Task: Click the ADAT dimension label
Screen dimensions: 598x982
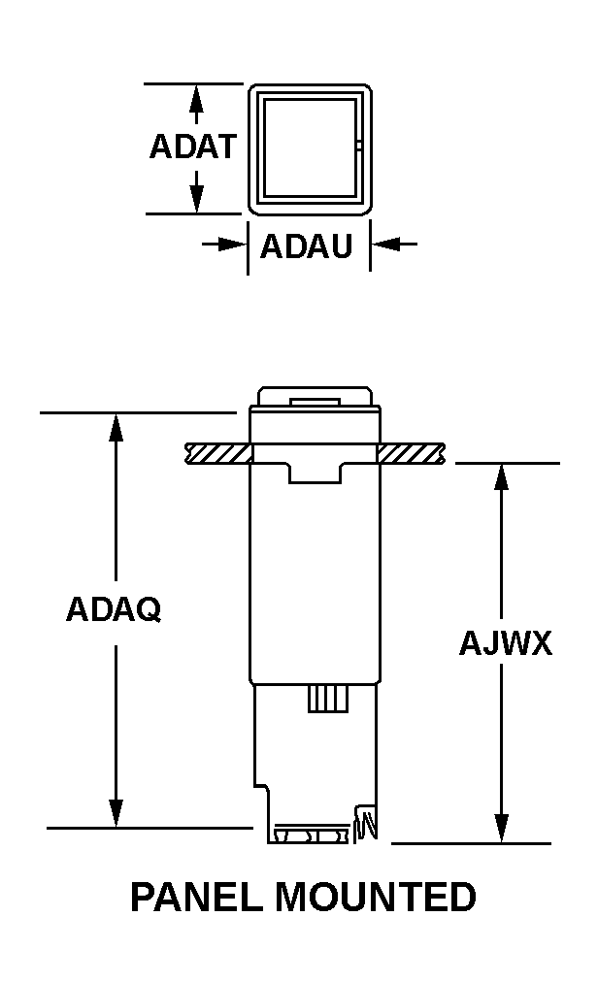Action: (192, 146)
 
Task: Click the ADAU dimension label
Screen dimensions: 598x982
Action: (307, 245)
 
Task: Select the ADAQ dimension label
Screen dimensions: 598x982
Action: (114, 608)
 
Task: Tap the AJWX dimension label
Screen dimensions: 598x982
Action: (506, 643)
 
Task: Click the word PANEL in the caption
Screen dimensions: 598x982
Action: (197, 897)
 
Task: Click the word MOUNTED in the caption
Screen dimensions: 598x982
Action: (376, 897)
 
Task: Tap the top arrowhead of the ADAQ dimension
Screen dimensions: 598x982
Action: (116, 428)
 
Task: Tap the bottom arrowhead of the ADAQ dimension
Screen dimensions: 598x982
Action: (116, 813)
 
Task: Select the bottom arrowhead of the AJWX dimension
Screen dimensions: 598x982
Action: (501, 828)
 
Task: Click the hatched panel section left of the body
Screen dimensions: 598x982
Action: (218, 453)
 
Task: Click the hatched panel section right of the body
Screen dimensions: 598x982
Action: (412, 453)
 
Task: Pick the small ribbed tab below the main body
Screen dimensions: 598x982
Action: (328, 699)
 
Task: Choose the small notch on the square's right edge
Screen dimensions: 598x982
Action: (359, 147)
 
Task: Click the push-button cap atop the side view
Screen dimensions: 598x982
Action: (316, 397)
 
